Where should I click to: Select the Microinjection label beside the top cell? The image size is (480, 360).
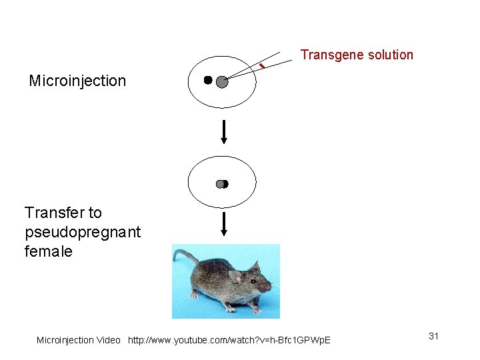77,81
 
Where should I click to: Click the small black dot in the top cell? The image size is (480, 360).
207,80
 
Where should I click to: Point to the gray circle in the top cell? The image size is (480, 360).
222,82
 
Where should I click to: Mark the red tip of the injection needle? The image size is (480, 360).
262,65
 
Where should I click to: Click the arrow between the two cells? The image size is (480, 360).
224,131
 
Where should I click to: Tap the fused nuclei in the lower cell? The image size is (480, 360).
222,184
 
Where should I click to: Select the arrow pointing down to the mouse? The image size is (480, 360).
224,224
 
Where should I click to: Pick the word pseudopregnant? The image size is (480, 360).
83,232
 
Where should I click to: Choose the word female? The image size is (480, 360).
48,251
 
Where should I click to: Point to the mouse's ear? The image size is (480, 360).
235,276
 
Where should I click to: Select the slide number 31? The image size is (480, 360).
433,336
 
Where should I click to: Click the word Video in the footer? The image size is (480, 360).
109,340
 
